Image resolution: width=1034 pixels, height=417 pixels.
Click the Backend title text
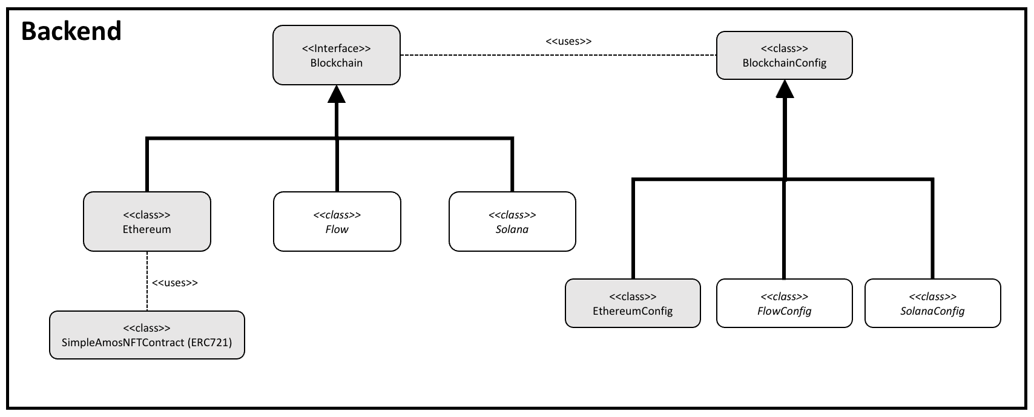[71, 31]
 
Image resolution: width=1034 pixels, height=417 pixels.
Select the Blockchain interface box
[336, 55]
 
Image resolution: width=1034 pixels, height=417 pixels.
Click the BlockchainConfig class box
[784, 55]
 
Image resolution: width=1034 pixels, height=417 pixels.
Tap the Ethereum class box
[147, 222]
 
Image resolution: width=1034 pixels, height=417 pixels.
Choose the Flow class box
[337, 222]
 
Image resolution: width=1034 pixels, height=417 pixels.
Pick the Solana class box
[512, 222]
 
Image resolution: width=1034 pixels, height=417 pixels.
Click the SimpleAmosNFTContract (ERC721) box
[147, 335]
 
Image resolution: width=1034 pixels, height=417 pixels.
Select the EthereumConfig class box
[633, 303]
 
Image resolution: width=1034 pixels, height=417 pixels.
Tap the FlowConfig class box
[784, 303]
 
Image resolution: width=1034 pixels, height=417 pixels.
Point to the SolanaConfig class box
[932, 303]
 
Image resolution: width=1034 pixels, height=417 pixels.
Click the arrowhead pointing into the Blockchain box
[337, 94]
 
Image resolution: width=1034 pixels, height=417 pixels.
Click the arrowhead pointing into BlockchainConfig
[785, 89]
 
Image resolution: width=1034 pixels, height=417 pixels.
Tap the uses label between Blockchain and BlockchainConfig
[568, 41]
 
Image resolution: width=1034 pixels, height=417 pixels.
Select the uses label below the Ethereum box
[174, 283]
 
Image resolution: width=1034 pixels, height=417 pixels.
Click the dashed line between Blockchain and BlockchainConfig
[557, 55]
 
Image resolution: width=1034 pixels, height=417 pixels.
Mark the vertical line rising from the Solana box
[512, 165]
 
